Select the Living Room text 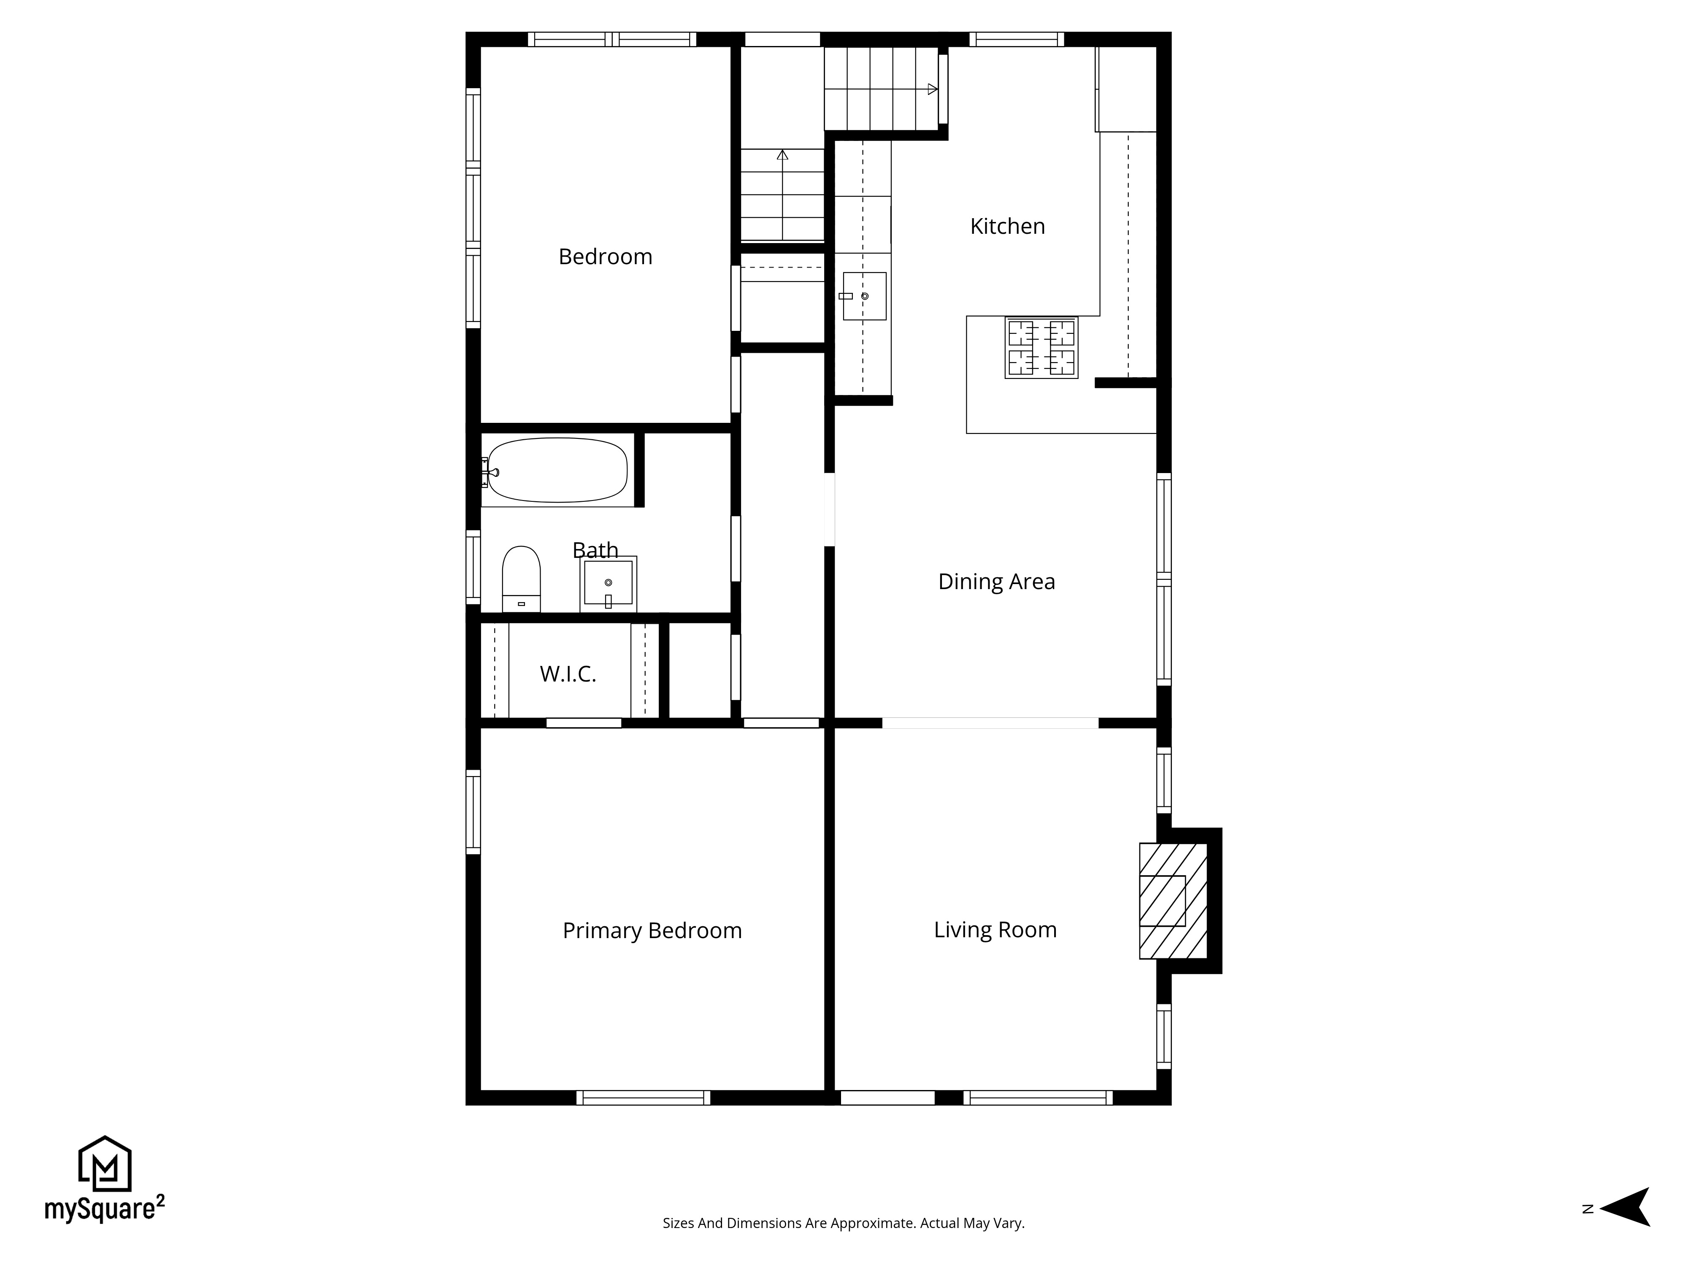pyautogui.click(x=995, y=930)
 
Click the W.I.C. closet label pyautogui.click(x=568, y=674)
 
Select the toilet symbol pyautogui.click(x=521, y=579)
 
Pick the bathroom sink pyautogui.click(x=608, y=584)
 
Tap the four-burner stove pyautogui.click(x=1041, y=348)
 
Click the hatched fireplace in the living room pyautogui.click(x=1172, y=901)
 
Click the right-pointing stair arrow pyautogui.click(x=932, y=89)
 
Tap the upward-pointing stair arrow pyautogui.click(x=782, y=156)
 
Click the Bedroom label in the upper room pyautogui.click(x=605, y=257)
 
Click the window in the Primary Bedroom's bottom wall pyautogui.click(x=643, y=1097)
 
